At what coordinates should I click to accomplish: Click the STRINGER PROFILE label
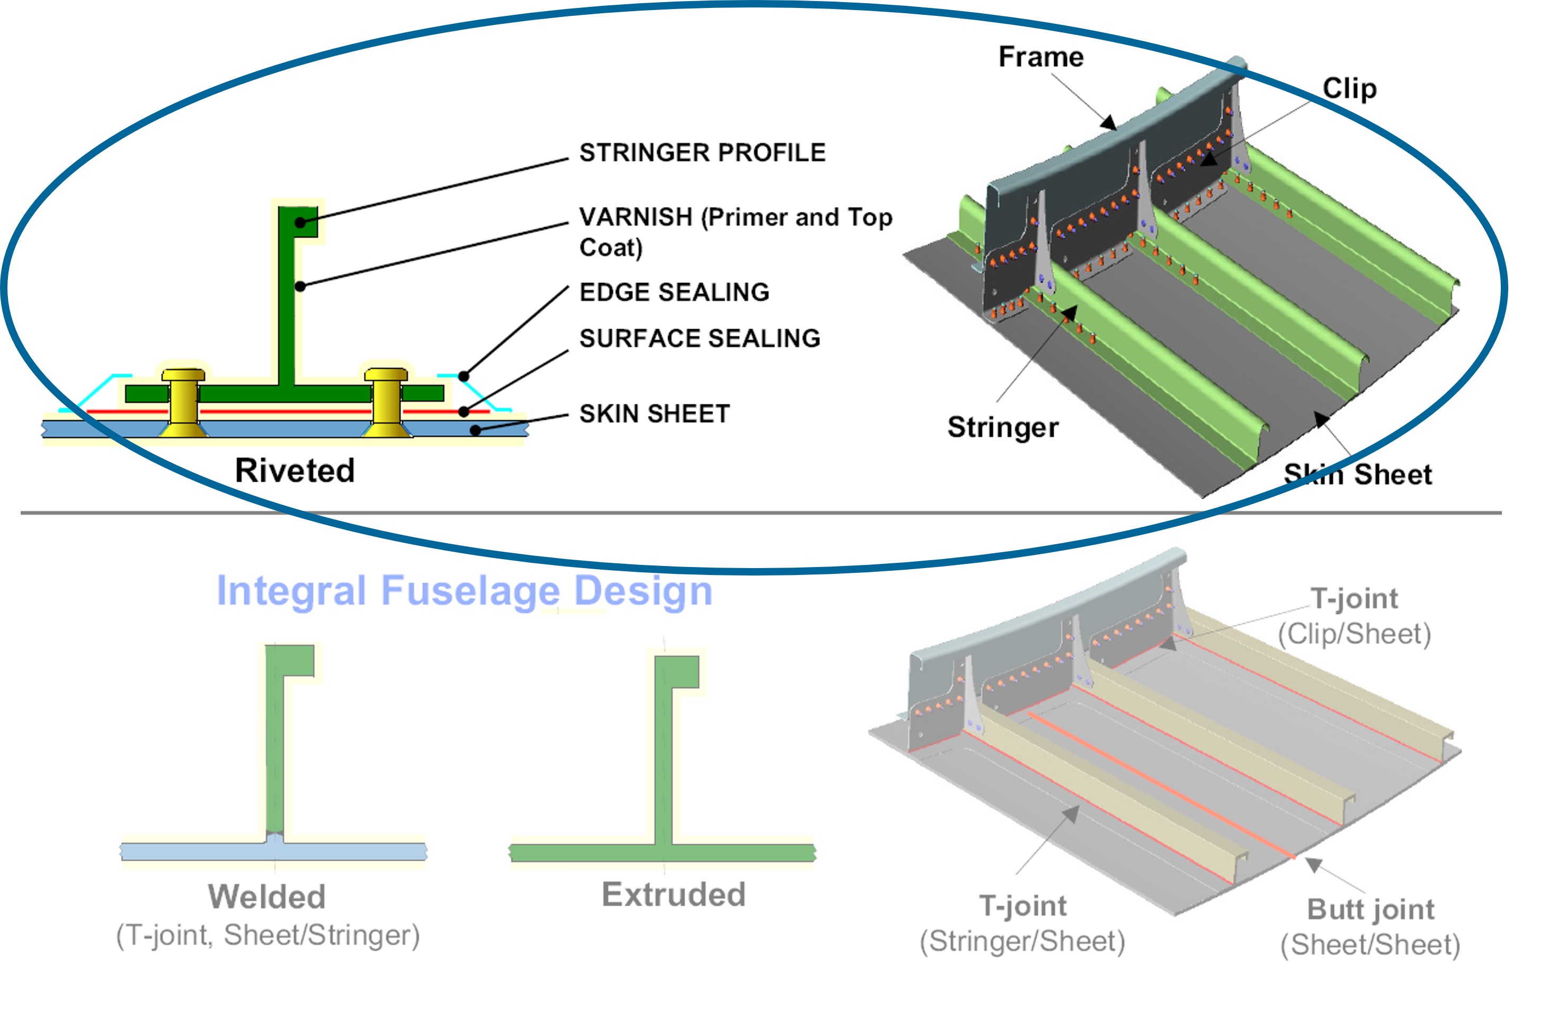click(x=702, y=152)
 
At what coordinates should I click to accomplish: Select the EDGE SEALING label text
click(x=674, y=292)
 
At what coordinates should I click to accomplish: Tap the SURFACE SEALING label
click(x=700, y=338)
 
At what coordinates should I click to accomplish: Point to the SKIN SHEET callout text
click(x=654, y=414)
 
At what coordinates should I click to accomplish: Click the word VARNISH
click(x=635, y=217)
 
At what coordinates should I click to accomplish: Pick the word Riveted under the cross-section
click(x=295, y=471)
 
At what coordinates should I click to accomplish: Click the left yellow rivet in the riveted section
click(x=183, y=403)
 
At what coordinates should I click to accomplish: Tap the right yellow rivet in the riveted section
click(x=386, y=403)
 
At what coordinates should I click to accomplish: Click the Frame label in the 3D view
click(x=1040, y=57)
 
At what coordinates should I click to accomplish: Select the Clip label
click(x=1350, y=88)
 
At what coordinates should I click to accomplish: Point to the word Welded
click(x=266, y=897)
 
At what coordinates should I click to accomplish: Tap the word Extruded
click(x=673, y=895)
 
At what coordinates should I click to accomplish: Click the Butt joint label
click(x=1371, y=909)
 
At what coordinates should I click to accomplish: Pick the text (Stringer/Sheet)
click(x=1022, y=941)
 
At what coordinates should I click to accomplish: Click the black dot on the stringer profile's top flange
click(x=300, y=223)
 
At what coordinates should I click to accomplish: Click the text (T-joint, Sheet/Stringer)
click(x=268, y=935)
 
